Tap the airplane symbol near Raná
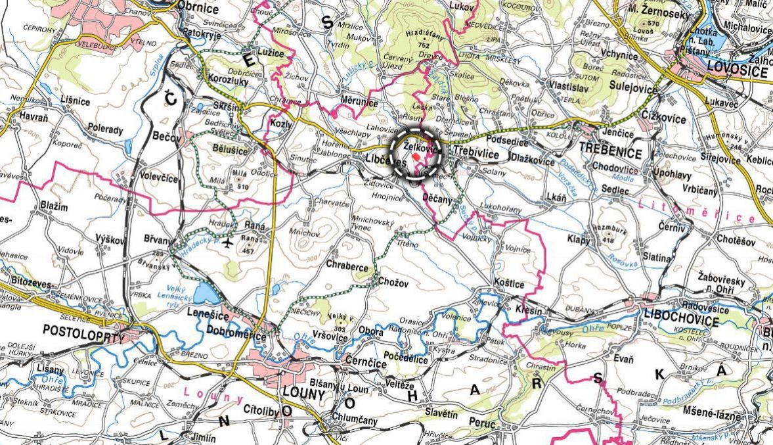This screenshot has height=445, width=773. pos(228,243)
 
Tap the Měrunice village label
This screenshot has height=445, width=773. pos(359,102)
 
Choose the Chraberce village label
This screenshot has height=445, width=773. pos(347,266)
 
